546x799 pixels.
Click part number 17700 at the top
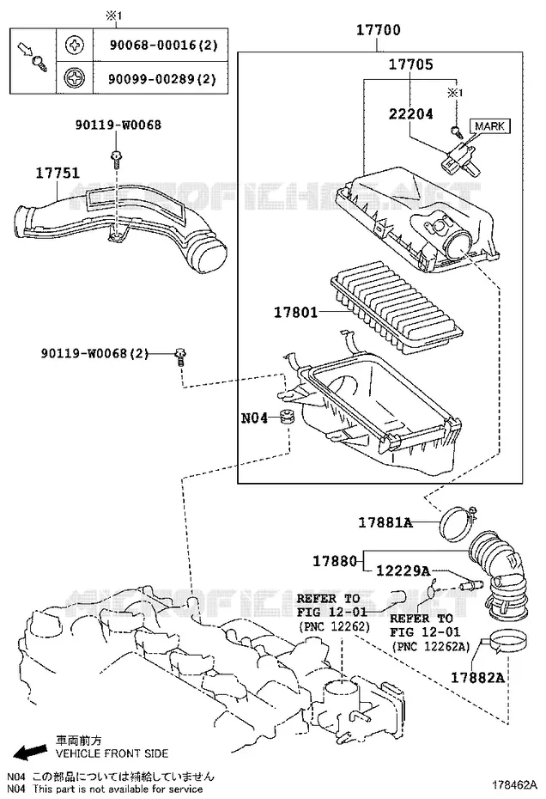pos(378,30)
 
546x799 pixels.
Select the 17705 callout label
pos(411,64)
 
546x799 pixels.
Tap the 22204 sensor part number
pos(411,113)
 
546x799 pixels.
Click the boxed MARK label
pos(489,125)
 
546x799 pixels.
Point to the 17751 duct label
pos(58,174)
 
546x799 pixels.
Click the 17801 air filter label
pos(295,312)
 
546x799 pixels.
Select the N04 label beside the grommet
pos(254,418)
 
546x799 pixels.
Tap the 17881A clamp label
pos(385,522)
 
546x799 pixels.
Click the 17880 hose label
pos(335,561)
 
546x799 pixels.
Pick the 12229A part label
pos(403,570)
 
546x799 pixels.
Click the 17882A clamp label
pos(477,677)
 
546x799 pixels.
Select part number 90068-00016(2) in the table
pos(163,46)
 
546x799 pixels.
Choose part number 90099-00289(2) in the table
pos(162,79)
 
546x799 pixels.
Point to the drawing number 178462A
pos(514,784)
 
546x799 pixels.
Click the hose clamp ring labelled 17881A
pos(458,524)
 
